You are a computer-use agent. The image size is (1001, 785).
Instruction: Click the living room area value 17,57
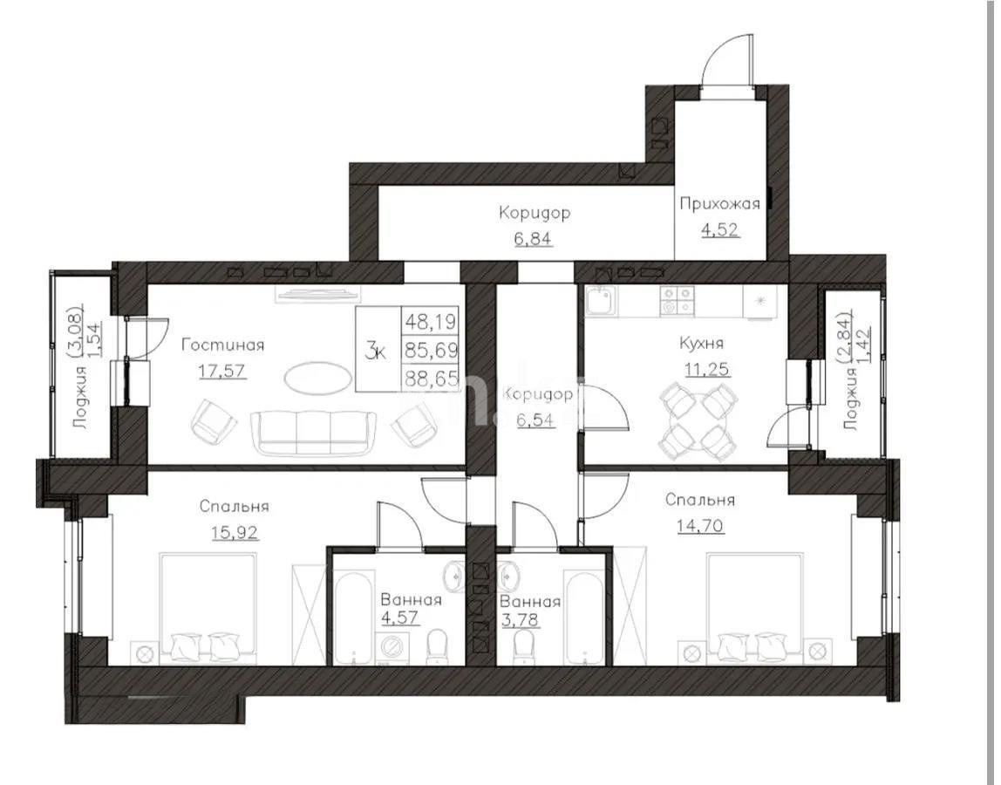coord(222,371)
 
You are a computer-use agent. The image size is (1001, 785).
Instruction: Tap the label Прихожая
coord(719,204)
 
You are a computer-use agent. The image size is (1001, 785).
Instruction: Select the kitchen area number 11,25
coord(705,369)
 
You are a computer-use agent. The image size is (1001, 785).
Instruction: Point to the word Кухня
coord(702,344)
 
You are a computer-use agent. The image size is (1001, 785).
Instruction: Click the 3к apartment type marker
coord(376,351)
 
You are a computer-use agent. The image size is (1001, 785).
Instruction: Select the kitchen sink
coord(601,302)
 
